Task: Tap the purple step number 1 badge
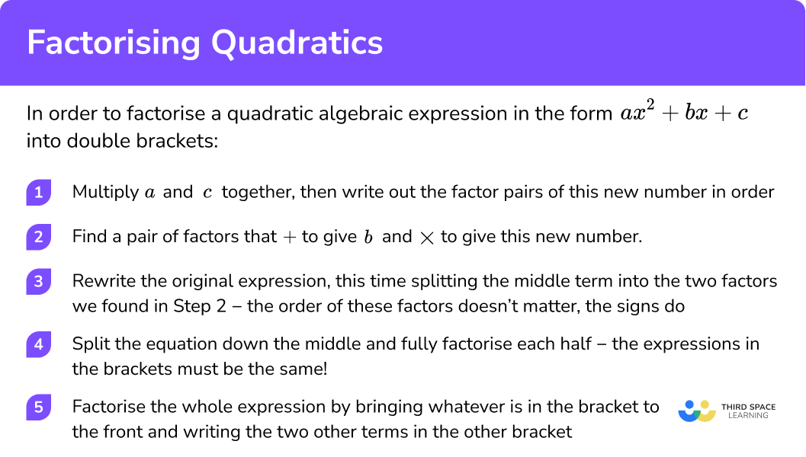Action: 38,192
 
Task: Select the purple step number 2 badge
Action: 38,237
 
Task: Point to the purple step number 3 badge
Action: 38,282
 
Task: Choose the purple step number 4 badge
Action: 38,344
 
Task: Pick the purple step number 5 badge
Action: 38,407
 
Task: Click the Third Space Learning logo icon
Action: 696,411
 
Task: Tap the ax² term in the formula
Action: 638,113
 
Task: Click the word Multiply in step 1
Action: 104,192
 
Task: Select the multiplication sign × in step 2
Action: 426,237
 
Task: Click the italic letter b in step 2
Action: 368,237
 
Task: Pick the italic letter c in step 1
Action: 207,193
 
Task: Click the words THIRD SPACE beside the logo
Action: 748,407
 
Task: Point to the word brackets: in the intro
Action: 181,142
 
